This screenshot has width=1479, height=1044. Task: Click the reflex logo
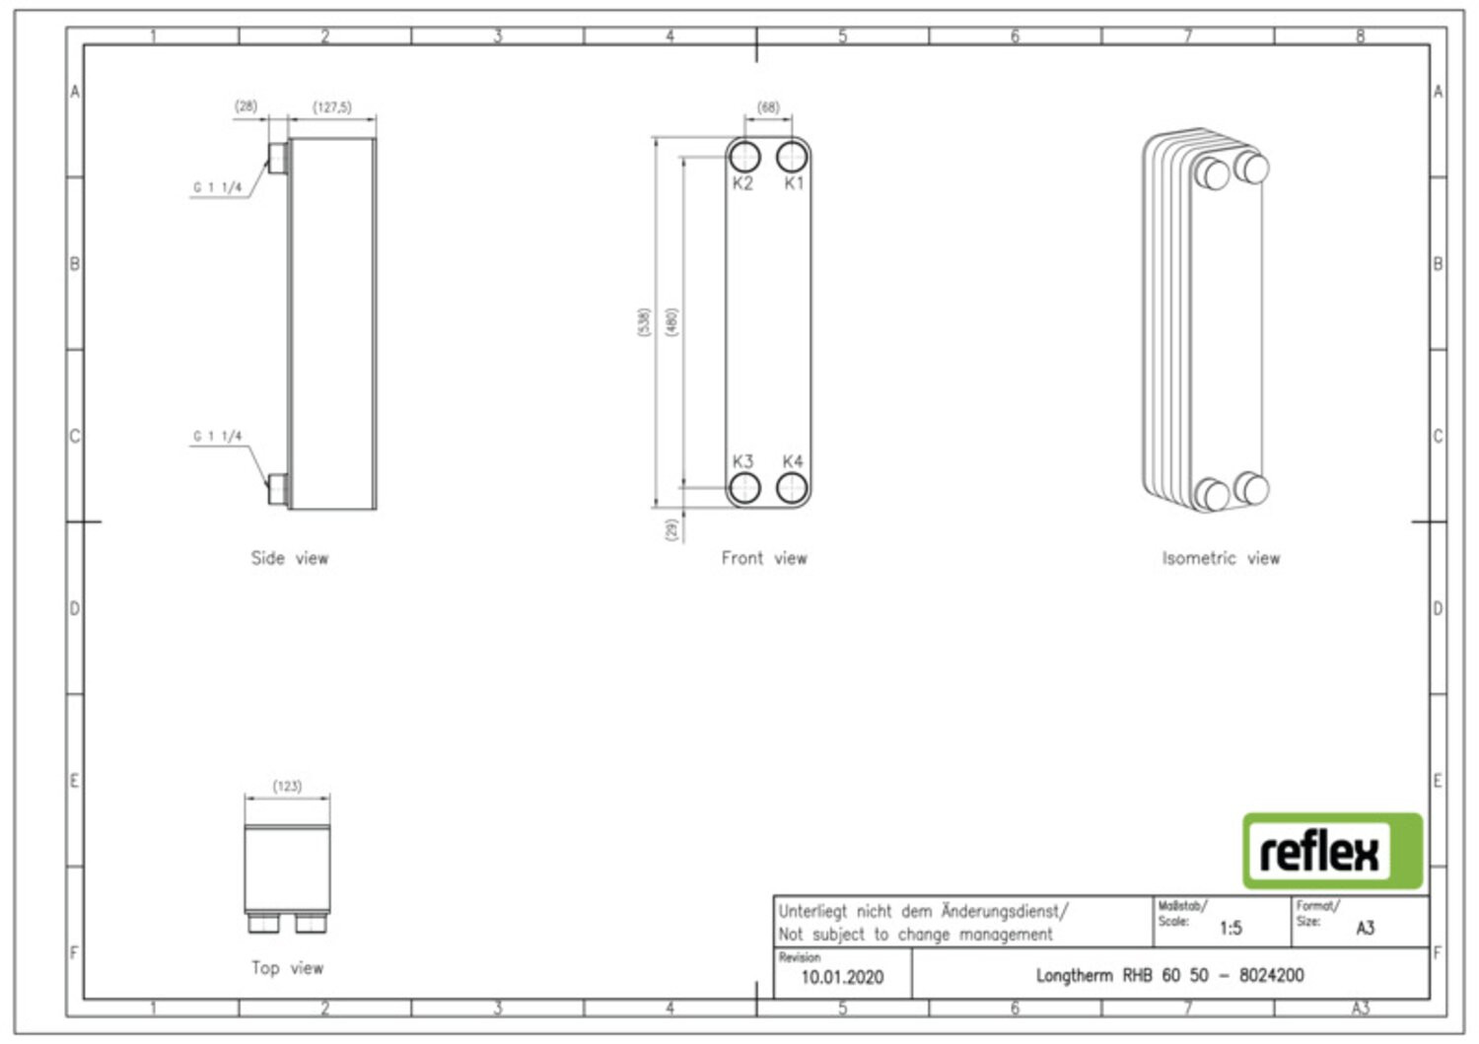coord(1332,851)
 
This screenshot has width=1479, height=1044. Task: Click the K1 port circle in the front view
coord(792,157)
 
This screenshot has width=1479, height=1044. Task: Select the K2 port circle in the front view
coord(744,157)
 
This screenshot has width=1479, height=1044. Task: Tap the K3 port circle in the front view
coord(744,488)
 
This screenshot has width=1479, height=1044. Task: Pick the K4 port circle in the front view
coord(792,488)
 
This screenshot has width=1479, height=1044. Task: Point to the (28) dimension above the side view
coord(246,105)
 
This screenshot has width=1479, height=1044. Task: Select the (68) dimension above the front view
coord(768,106)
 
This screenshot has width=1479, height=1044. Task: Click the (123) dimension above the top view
coord(287,786)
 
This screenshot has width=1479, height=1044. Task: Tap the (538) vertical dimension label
coord(644,321)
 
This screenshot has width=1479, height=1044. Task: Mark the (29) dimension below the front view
coord(672,529)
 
